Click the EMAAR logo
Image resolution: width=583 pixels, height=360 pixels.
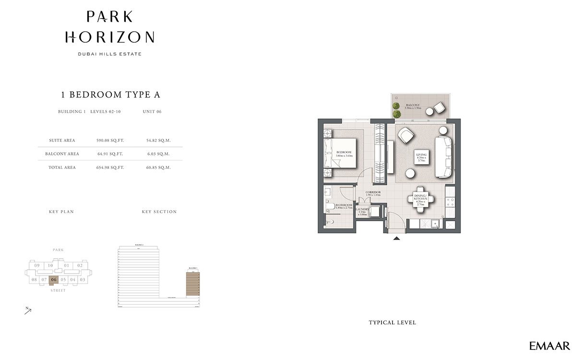click(549, 346)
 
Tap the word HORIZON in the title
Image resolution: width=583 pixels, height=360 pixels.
click(109, 37)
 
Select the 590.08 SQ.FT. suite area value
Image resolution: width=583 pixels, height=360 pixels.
click(110, 141)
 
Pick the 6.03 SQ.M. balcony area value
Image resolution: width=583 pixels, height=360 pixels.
click(158, 154)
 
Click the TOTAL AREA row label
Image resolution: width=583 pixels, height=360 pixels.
click(61, 168)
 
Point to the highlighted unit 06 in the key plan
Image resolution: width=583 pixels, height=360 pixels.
click(53, 279)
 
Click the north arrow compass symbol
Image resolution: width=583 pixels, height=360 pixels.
click(28, 311)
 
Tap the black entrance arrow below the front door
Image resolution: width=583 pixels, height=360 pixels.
click(396, 238)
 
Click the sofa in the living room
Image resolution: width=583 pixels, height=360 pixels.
click(442, 157)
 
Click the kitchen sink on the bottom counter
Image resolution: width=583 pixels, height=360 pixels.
click(435, 224)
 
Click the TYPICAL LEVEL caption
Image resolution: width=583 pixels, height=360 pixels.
click(392, 323)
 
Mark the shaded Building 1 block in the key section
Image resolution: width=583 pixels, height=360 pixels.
click(192, 283)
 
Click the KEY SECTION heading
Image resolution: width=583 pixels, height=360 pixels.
click(159, 212)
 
